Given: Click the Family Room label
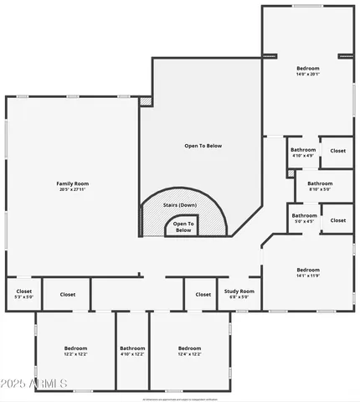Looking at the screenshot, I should pyautogui.click(x=73, y=183).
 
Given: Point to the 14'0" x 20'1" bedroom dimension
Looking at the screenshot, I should pyautogui.click(x=308, y=74).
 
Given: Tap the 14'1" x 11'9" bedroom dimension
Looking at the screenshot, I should pyautogui.click(x=308, y=276).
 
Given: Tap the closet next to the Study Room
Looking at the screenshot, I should pyautogui.click(x=203, y=294).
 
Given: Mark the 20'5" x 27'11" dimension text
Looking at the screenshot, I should pyautogui.click(x=73, y=189).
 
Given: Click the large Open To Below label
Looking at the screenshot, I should pyautogui.click(x=203, y=146).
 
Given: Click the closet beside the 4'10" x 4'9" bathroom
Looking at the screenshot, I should pyautogui.click(x=337, y=151).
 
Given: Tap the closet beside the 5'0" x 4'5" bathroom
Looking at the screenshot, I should pyautogui.click(x=337, y=219).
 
